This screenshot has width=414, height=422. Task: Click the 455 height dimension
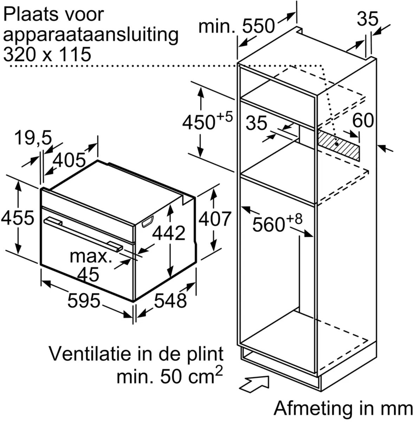(18, 218)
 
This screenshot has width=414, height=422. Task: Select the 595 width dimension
(84, 300)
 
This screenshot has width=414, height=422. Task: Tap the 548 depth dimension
(170, 300)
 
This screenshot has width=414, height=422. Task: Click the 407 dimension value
(215, 219)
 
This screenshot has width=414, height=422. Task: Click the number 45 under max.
(89, 274)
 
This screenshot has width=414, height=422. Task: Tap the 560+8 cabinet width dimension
(277, 223)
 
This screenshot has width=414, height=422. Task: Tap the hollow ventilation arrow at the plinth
(254, 386)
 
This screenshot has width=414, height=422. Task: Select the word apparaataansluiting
(91, 36)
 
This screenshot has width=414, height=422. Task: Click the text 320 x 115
(47, 54)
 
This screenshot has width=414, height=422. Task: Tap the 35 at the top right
(368, 19)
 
